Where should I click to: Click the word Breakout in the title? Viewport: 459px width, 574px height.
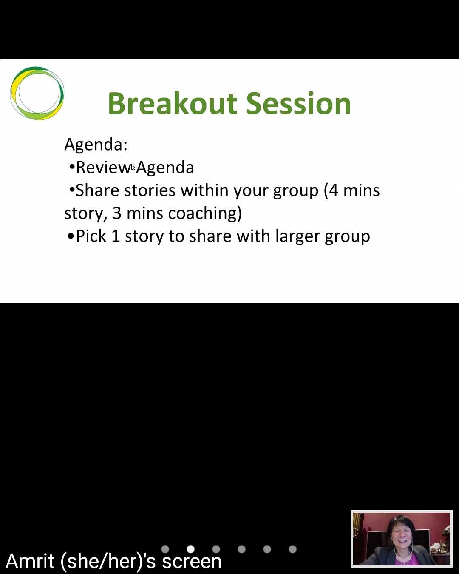tap(173, 103)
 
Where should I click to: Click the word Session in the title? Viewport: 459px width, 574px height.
tap(298, 103)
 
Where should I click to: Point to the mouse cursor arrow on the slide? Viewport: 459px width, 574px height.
tap(133, 168)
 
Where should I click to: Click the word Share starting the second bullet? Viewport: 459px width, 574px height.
tap(97, 190)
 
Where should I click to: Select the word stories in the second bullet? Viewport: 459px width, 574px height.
tap(150, 190)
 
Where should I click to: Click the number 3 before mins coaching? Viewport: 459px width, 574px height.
tap(117, 213)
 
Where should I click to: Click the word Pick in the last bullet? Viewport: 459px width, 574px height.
tap(91, 236)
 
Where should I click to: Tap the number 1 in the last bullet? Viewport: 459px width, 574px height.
tap(115, 236)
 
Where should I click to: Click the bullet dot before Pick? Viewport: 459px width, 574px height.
tap(71, 236)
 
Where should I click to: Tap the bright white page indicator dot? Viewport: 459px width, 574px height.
tap(190, 549)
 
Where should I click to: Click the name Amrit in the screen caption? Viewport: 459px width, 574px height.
tap(30, 561)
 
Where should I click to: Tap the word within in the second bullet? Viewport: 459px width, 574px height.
tap(204, 190)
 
